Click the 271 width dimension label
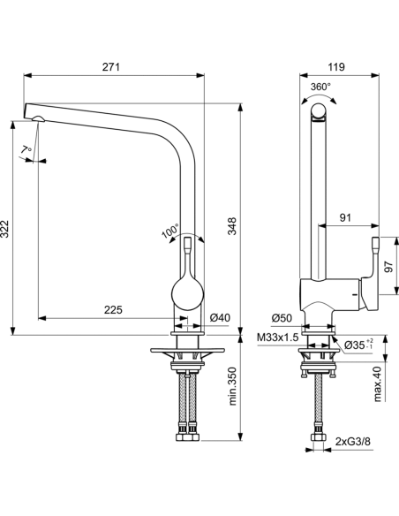click(111, 67)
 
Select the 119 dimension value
click(336, 67)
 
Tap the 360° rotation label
click(320, 87)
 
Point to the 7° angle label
click(26, 149)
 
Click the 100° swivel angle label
click(170, 231)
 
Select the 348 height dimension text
click(232, 226)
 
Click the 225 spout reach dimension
click(113, 309)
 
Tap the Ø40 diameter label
click(220, 317)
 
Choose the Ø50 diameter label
click(282, 318)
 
